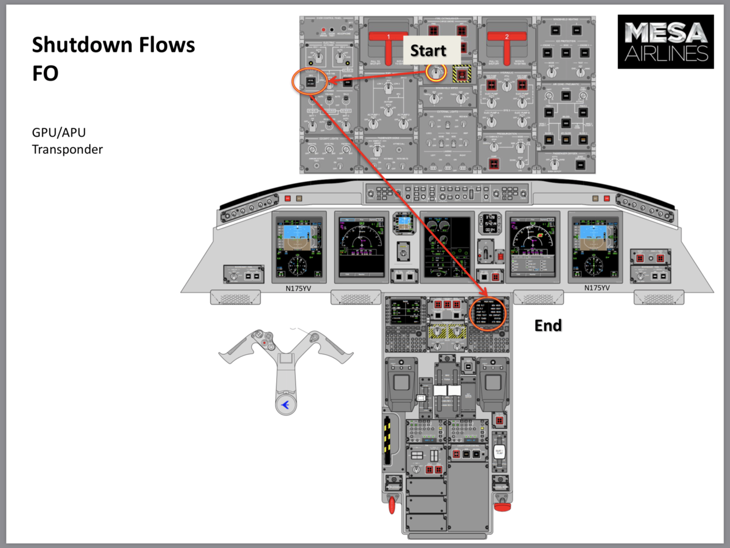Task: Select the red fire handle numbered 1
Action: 389,44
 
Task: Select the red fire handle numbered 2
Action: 507,44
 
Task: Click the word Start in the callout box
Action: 428,51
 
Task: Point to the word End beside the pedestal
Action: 548,326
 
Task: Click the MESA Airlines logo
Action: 665,42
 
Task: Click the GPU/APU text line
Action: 59,132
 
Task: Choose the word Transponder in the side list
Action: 67,149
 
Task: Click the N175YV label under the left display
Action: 298,288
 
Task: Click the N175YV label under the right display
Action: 597,288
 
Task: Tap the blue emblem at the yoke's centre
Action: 285,405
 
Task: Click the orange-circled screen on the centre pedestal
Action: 488,314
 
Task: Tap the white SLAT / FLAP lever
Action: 499,452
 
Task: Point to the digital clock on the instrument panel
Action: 490,223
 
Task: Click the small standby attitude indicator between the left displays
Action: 404,223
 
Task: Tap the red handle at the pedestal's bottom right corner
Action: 502,507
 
